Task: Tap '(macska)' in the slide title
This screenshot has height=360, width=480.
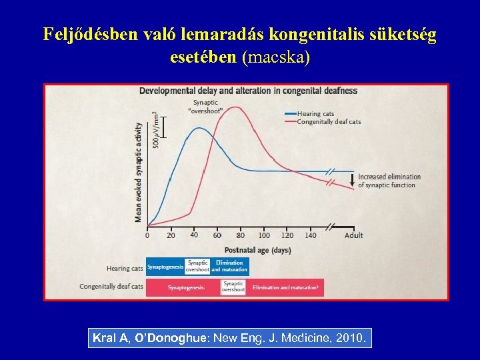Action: point(277,57)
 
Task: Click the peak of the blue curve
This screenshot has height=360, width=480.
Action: point(198,128)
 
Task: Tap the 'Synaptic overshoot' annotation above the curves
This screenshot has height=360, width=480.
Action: point(205,107)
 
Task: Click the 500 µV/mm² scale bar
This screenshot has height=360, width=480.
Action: point(163,127)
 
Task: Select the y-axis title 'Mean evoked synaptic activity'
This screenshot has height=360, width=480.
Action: point(139,172)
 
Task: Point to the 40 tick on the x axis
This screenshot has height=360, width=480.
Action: point(194,235)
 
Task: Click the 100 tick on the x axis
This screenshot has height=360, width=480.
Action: point(264,235)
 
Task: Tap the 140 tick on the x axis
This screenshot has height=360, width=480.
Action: point(311,235)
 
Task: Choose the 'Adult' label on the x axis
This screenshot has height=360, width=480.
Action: point(354,235)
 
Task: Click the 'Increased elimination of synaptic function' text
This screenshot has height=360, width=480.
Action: point(389,181)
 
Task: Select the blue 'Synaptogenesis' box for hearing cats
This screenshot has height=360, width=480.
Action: point(165,267)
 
